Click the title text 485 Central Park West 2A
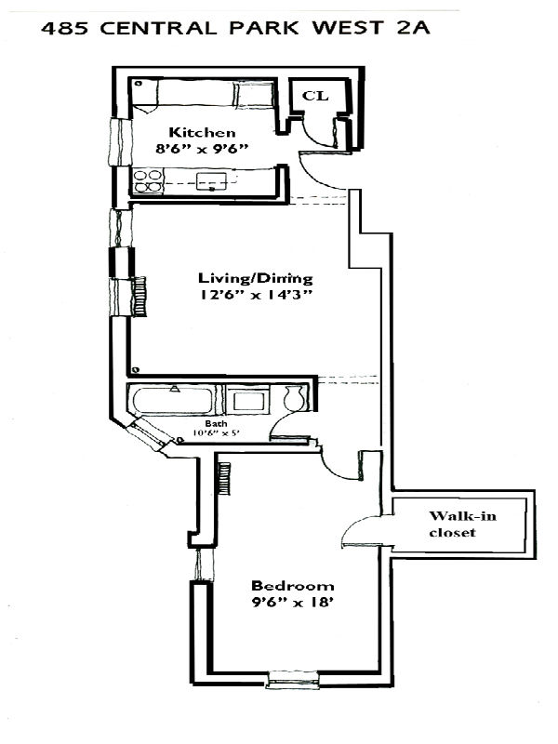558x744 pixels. click(x=236, y=32)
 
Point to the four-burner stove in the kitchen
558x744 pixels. click(x=146, y=179)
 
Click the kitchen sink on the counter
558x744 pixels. click(x=212, y=179)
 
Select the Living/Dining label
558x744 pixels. click(x=254, y=278)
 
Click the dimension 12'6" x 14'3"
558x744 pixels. click(x=254, y=296)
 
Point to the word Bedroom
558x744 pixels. click(x=292, y=586)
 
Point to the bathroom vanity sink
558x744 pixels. click(x=247, y=401)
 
